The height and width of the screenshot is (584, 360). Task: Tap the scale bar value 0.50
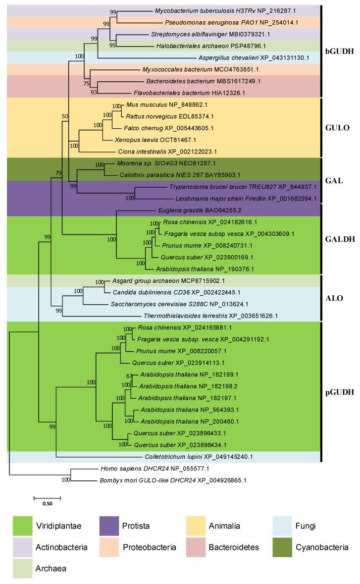[48, 504]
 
